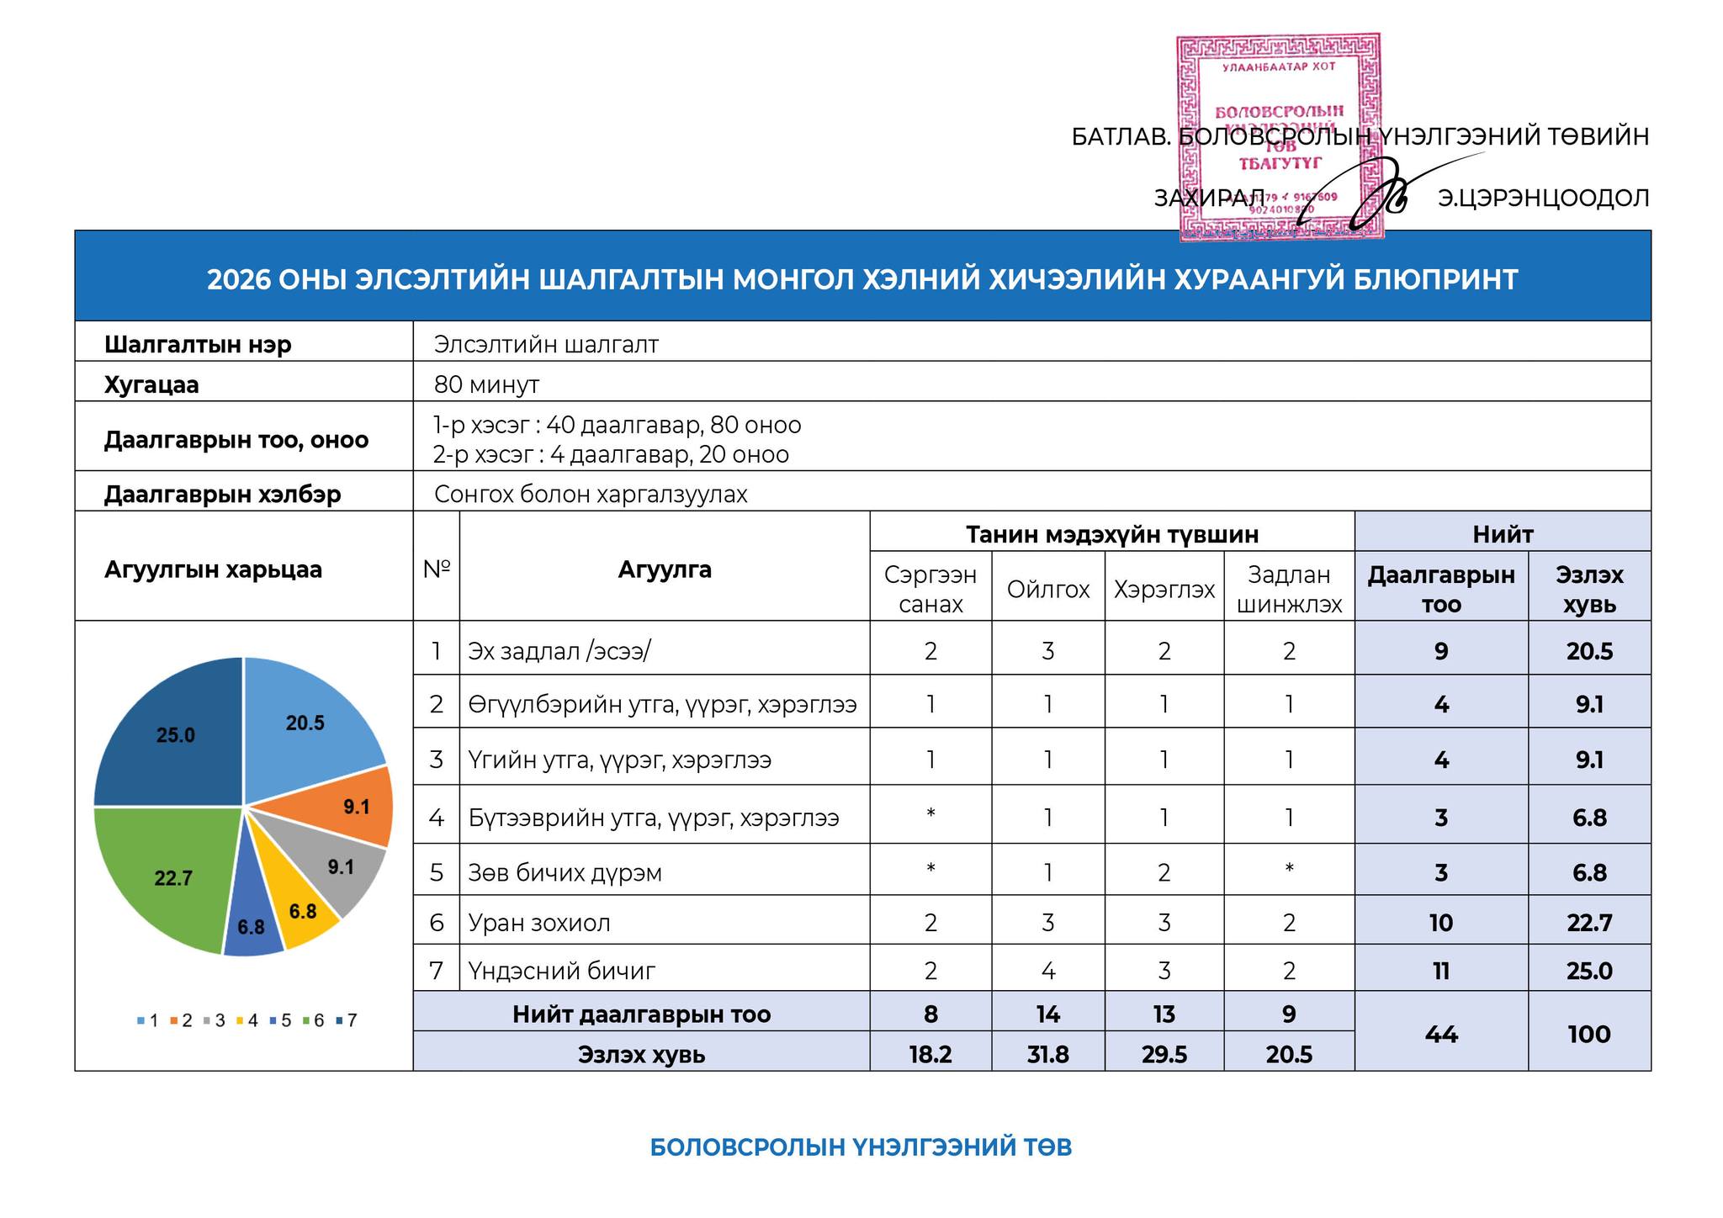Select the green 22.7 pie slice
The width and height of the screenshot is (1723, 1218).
(168, 875)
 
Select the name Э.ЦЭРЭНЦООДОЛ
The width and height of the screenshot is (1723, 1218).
(1543, 199)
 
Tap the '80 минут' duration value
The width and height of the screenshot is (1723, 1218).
(486, 385)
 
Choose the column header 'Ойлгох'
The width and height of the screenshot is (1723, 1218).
(1047, 589)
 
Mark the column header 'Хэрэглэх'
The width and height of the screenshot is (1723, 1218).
(1164, 589)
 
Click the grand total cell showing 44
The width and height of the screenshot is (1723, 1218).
(1440, 1034)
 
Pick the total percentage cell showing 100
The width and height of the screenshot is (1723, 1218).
(1588, 1034)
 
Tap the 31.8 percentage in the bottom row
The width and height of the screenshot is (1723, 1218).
(1047, 1054)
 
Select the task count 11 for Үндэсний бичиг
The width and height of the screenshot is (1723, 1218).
(1440, 971)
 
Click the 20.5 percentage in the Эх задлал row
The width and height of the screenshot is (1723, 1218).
(1588, 651)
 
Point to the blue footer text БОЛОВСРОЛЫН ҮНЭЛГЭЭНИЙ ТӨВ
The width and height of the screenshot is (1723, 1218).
(861, 1147)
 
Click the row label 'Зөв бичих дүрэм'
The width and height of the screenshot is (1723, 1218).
(565, 872)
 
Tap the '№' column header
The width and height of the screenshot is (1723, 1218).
(436, 569)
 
